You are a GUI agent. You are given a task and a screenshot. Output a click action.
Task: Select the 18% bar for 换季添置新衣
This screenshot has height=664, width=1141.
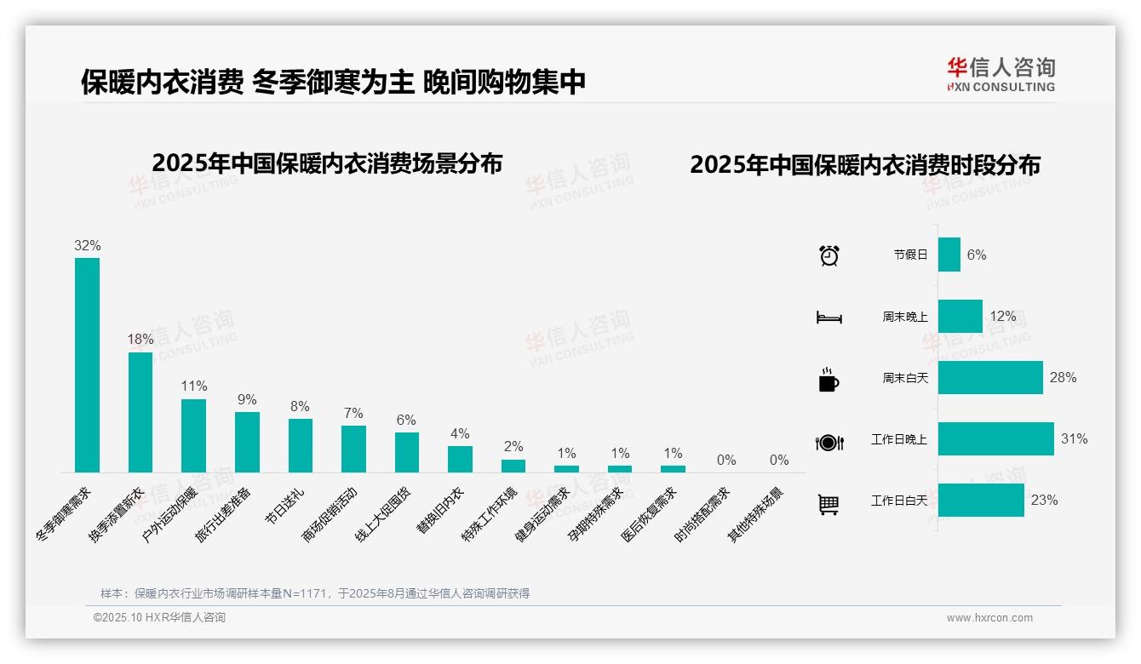click(x=140, y=412)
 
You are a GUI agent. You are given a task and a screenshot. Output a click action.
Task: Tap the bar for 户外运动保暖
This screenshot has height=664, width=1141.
click(x=193, y=435)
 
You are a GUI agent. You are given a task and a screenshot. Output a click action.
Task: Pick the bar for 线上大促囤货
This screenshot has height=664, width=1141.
click(x=406, y=452)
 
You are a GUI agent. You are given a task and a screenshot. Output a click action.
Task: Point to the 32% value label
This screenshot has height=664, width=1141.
click(x=87, y=245)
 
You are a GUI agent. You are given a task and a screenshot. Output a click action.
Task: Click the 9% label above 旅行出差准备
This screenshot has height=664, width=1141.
click(x=247, y=399)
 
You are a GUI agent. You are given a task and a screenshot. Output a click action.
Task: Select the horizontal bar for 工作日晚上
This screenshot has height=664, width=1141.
click(x=995, y=439)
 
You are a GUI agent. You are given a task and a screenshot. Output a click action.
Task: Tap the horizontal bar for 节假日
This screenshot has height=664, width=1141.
click(x=949, y=255)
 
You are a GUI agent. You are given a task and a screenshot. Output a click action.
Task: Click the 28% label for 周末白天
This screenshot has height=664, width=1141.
click(x=1063, y=377)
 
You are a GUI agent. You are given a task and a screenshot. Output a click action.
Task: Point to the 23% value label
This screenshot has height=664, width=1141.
click(x=1044, y=501)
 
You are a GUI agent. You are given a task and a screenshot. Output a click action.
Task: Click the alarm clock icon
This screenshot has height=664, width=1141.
click(x=829, y=255)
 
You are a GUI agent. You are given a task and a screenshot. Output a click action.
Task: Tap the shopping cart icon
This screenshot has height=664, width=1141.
click(x=829, y=504)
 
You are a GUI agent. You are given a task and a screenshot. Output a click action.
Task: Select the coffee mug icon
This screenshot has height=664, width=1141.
click(x=829, y=380)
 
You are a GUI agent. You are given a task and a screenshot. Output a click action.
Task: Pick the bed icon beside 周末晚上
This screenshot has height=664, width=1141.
click(x=829, y=318)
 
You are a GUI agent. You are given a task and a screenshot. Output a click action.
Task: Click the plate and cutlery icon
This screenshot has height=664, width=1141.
click(x=829, y=442)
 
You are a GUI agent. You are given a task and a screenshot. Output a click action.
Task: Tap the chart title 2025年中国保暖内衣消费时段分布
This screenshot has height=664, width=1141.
click(x=865, y=165)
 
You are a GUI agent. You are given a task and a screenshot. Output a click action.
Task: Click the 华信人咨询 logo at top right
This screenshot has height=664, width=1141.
click(x=1001, y=74)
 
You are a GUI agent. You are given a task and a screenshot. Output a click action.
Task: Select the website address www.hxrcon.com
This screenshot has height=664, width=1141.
click(x=989, y=618)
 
